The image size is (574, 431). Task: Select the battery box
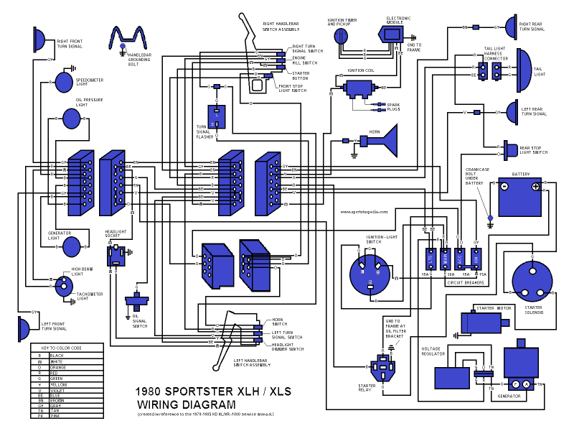click(x=520, y=198)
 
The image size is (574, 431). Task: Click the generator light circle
click(x=72, y=246)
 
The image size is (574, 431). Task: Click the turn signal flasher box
click(x=217, y=117)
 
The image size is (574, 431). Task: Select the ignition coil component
click(x=356, y=88)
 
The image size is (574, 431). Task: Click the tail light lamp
click(x=522, y=69)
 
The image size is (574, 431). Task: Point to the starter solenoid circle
click(x=531, y=281)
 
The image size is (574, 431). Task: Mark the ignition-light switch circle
click(x=370, y=273)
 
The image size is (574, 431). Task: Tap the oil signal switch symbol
click(x=136, y=300)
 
